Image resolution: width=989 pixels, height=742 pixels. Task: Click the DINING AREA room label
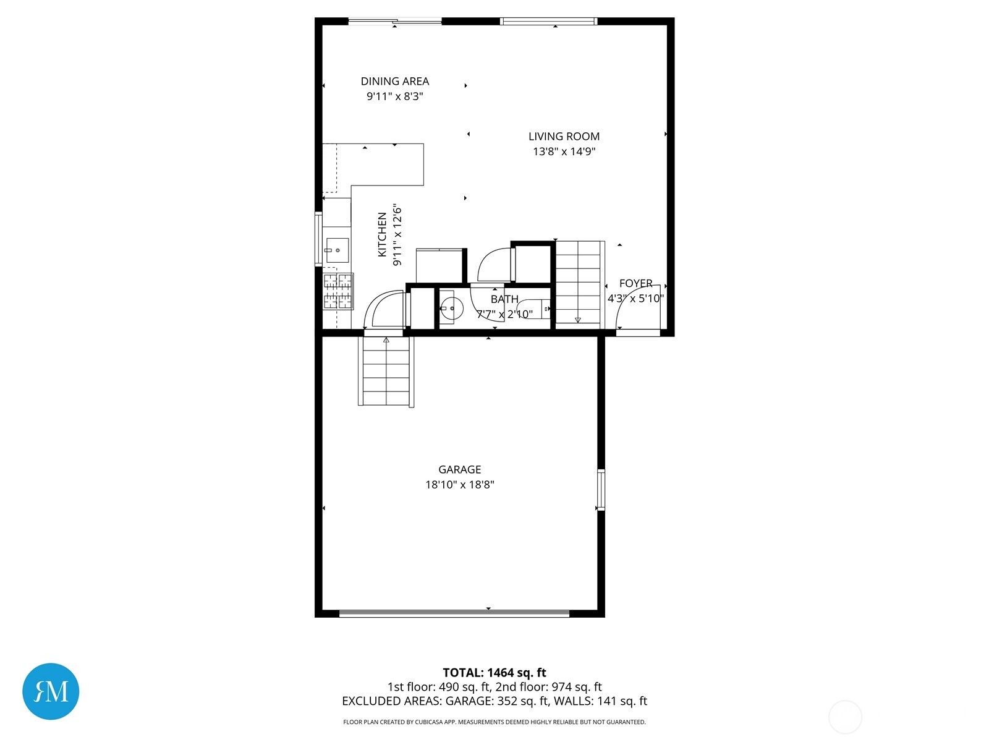tap(394, 81)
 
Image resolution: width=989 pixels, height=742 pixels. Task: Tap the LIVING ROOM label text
tap(564, 136)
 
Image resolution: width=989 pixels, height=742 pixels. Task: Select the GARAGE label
tap(459, 469)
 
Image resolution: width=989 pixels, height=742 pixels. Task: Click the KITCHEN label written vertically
tap(383, 235)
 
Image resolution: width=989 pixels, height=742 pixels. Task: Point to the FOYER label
tap(635, 283)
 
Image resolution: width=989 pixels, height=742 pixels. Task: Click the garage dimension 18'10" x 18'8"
tap(459, 485)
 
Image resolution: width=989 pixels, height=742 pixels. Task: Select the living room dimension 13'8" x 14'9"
tap(564, 151)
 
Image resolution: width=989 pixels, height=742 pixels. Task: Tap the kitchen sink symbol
tap(337, 250)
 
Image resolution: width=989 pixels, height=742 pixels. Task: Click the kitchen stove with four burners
tap(339, 291)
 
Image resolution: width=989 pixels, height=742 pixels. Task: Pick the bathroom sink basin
tap(451, 307)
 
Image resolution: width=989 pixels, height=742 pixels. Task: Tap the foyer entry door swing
tap(637, 309)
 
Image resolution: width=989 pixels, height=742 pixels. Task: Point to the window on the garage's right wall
tap(600, 490)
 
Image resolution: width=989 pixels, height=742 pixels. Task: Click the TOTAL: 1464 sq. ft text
tap(494, 673)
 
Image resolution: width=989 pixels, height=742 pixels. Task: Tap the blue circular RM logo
tap(51, 691)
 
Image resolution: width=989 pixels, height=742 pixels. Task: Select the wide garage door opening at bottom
tap(454, 613)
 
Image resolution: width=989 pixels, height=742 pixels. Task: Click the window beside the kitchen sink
tap(318, 239)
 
